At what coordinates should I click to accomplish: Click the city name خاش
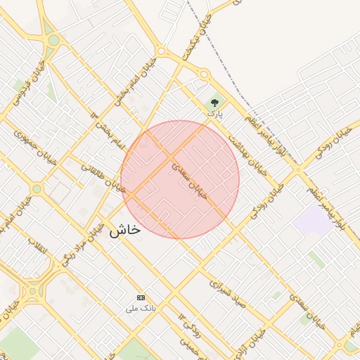(x=124, y=230)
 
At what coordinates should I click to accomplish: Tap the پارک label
(x=214, y=113)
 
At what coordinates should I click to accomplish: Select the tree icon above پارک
(x=214, y=103)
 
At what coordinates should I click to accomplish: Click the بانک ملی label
(x=141, y=308)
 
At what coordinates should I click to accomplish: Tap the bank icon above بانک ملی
(x=141, y=297)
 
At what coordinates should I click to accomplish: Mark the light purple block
(x=313, y=221)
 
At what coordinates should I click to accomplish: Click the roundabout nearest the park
(x=204, y=74)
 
